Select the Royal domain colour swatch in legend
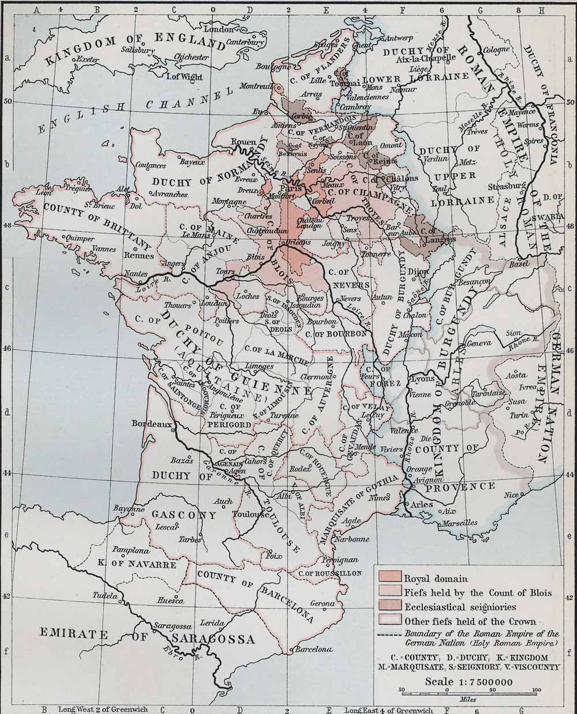click(x=389, y=578)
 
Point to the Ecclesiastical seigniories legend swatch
click(x=389, y=606)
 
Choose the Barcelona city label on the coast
click(x=313, y=649)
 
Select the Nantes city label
click(x=135, y=274)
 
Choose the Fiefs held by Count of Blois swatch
click(x=389, y=592)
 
